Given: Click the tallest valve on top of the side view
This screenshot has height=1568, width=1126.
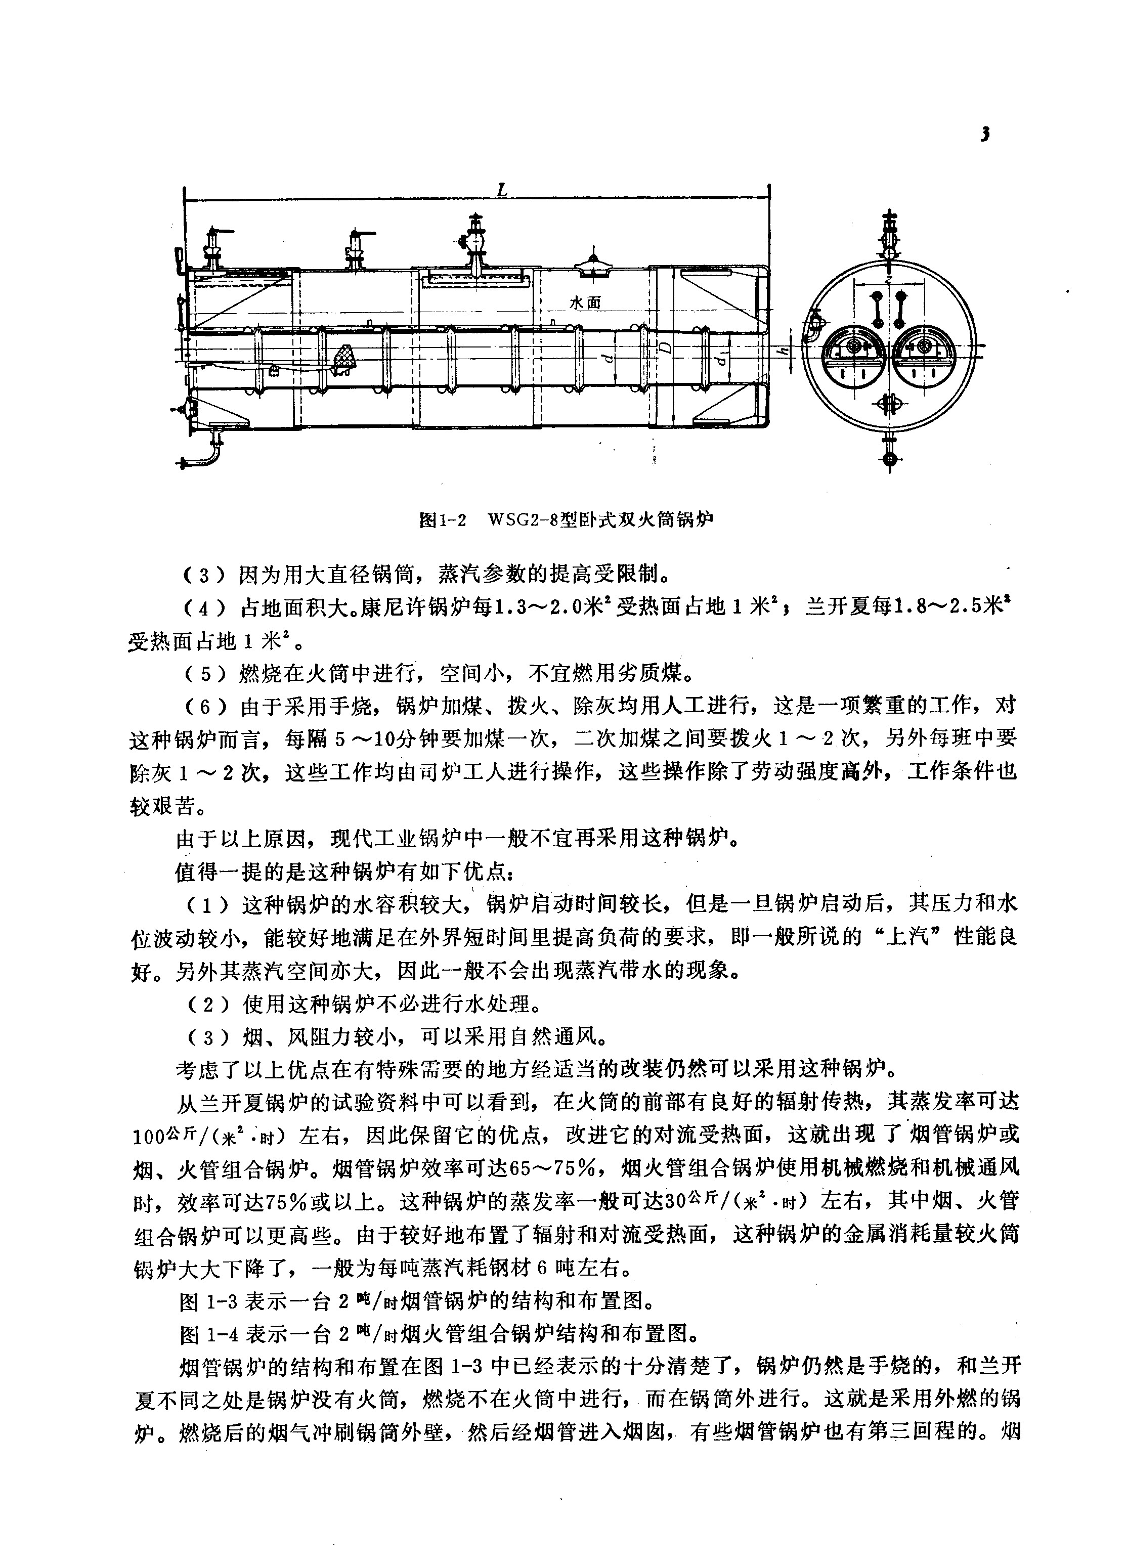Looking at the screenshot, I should [x=474, y=242].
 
